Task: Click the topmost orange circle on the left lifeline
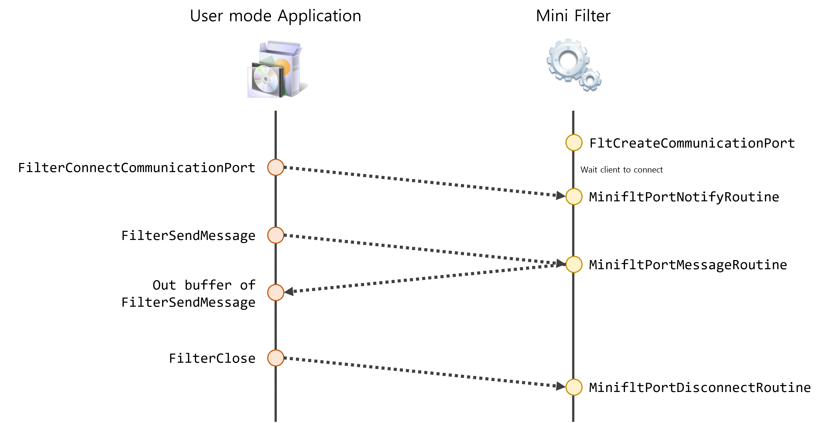pyautogui.click(x=275, y=167)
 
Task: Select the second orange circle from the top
pyautogui.click(x=275, y=235)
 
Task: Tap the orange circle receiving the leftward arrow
pyautogui.click(x=275, y=292)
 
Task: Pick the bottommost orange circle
pyautogui.click(x=275, y=358)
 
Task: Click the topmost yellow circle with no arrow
pyautogui.click(x=574, y=142)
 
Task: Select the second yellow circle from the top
pyautogui.click(x=574, y=196)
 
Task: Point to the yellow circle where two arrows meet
pyautogui.click(x=574, y=264)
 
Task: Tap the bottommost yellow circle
pyautogui.click(x=574, y=387)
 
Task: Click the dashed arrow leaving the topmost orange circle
pyautogui.click(x=415, y=181)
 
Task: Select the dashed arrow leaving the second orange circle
pyautogui.click(x=415, y=248)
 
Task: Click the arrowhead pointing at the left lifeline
pyautogui.click(x=289, y=292)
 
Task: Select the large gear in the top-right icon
pyautogui.click(x=568, y=59)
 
